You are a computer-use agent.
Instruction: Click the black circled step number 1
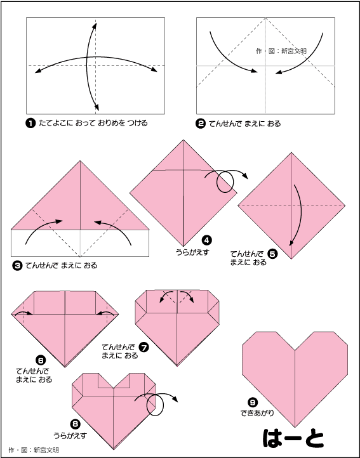point(30,124)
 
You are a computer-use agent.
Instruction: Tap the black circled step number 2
point(201,124)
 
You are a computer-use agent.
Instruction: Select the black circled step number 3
point(18,266)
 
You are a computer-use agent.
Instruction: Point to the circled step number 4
point(206,240)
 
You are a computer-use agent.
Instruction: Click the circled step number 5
point(272,254)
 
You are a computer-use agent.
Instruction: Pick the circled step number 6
point(40,360)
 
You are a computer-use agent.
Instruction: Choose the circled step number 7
point(144,348)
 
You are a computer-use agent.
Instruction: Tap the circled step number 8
point(75,424)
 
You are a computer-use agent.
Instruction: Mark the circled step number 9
point(252,403)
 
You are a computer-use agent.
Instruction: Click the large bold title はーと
point(293,438)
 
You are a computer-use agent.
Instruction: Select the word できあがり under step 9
point(257,414)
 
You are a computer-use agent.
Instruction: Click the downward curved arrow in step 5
point(299,214)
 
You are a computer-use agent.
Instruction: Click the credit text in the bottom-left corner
point(34,450)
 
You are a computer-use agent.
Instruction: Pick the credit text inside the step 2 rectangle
point(281,51)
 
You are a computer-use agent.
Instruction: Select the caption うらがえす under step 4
point(192,252)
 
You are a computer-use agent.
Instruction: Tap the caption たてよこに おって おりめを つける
point(93,123)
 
